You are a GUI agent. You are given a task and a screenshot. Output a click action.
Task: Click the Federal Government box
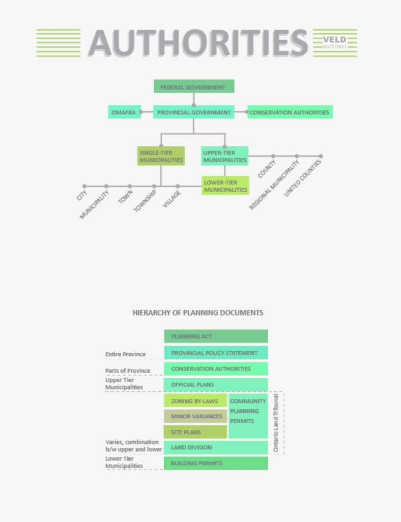pos(194,86)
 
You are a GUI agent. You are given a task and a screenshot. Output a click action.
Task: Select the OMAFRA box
pos(124,112)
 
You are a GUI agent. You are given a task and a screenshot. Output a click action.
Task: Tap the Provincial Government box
pos(194,112)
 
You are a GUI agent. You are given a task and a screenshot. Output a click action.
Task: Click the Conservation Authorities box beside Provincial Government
pos(290,112)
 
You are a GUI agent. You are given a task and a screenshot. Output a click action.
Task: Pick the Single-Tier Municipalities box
pos(161,156)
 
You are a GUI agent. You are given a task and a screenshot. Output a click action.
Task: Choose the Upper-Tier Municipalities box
pos(224,156)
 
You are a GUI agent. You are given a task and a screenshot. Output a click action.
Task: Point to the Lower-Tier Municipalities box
pos(225,186)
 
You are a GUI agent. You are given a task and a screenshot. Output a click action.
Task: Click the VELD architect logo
pos(334,43)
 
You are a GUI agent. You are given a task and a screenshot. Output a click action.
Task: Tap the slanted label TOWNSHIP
pos(145,201)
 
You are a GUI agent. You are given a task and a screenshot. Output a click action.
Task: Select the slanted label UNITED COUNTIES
pos(303,178)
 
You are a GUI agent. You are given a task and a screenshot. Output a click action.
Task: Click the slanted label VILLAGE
pos(172,199)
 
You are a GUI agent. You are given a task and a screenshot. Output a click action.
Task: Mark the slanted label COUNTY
pos(267,169)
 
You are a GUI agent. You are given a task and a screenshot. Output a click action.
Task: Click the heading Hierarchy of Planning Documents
pos(198,313)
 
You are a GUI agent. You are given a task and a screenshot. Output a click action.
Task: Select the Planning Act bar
pos(216,336)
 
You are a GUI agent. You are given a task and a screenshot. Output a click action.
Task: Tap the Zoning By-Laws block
pos(195,401)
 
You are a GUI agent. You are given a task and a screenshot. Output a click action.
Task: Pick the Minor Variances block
pos(195,416)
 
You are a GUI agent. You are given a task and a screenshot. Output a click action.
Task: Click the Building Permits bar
pos(216,463)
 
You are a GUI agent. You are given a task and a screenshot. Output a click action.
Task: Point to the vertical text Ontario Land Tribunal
pos(275,423)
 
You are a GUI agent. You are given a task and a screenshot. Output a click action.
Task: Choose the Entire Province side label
pos(126,354)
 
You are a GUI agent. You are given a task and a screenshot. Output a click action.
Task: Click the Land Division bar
pos(216,448)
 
